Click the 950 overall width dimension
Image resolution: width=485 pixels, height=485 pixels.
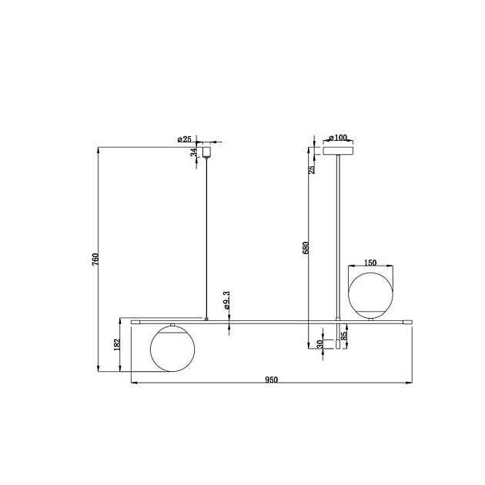click(271, 380)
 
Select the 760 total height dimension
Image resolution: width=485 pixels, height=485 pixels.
click(95, 259)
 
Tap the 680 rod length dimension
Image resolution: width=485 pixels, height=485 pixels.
click(306, 247)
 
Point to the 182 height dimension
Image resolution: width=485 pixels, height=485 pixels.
click(117, 345)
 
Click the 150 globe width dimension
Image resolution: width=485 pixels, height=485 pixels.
click(370, 263)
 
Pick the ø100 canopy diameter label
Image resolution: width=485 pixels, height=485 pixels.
click(338, 138)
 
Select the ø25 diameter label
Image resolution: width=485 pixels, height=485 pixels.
click(185, 139)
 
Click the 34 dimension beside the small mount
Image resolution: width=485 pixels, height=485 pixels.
click(194, 152)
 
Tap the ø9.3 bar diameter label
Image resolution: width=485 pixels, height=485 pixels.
click(226, 300)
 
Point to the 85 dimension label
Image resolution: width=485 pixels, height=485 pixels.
click(344, 336)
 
